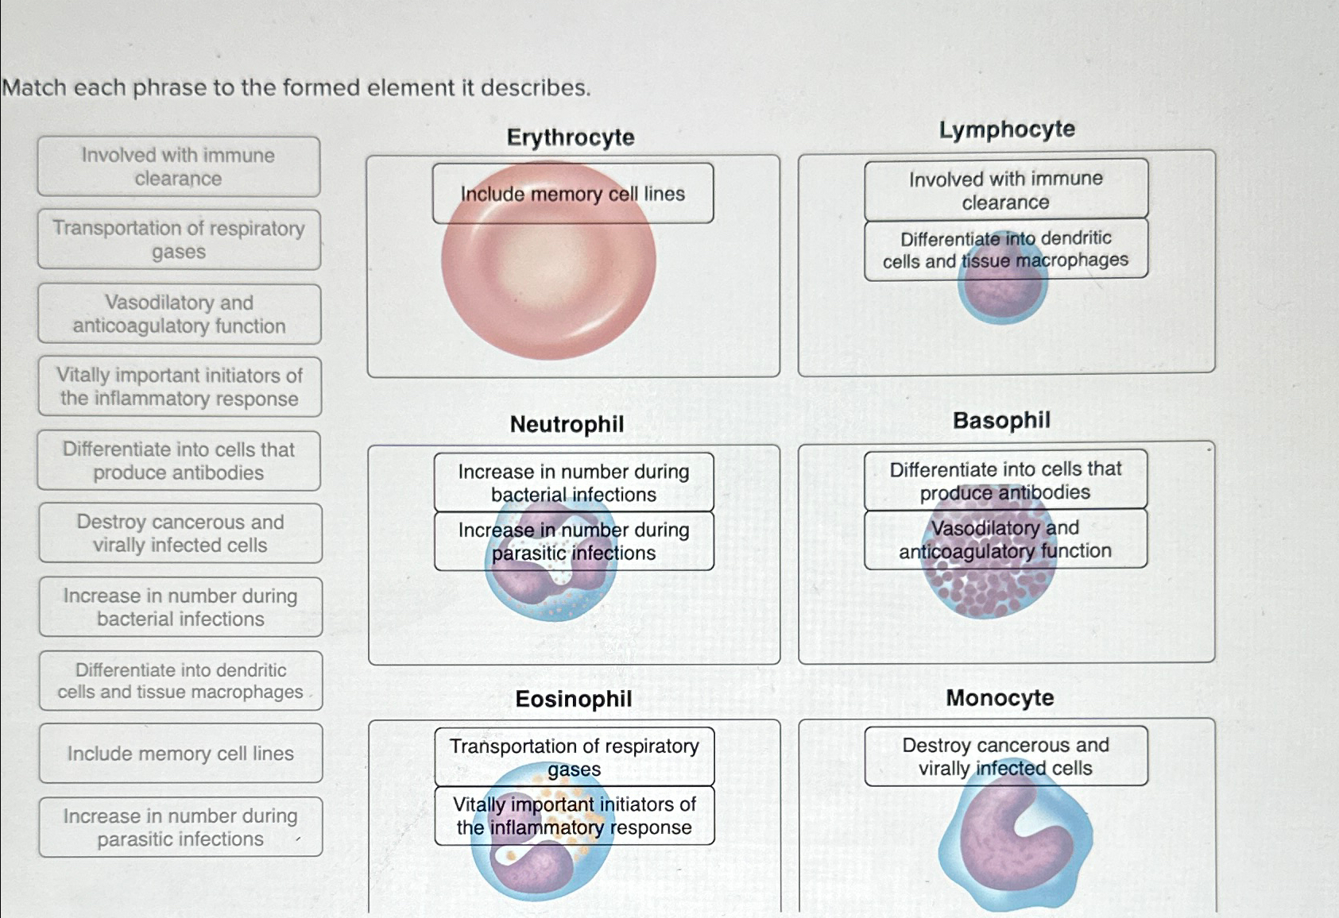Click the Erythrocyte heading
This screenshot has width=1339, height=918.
tap(571, 137)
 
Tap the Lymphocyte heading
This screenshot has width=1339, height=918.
tap(1007, 129)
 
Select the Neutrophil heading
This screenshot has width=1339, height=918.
tap(567, 424)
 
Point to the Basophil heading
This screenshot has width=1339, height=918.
tap(1001, 420)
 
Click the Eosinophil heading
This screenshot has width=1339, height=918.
tap(573, 699)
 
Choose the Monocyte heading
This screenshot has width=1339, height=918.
tap(1000, 698)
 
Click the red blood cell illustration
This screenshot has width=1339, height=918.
tap(548, 286)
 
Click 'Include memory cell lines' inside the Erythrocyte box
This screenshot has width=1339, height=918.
tap(572, 194)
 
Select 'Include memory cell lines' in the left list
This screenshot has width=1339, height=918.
tap(180, 753)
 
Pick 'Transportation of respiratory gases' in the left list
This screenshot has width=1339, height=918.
tap(179, 240)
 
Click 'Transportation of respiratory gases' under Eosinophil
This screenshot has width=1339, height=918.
tap(574, 757)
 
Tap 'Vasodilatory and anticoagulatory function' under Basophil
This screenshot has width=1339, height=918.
tap(1005, 539)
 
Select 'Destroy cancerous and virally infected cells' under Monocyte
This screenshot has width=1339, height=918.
tap(1005, 756)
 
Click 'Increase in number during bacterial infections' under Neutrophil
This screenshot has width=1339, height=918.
tap(573, 482)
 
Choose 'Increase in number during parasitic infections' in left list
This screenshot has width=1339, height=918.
tap(180, 827)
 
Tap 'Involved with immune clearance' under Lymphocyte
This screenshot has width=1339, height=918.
tap(1005, 190)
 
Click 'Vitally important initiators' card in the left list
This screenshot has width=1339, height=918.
tap(180, 387)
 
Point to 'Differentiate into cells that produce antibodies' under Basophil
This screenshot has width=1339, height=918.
tap(1005, 480)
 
